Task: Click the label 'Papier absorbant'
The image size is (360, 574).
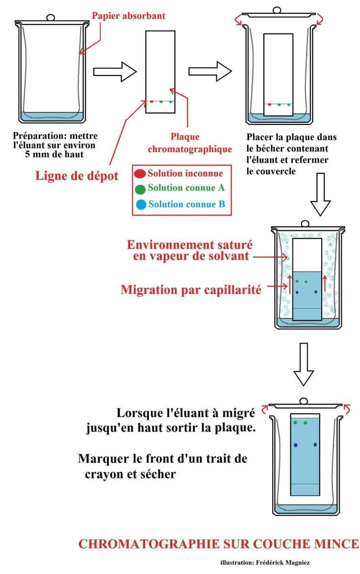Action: pyautogui.click(x=128, y=16)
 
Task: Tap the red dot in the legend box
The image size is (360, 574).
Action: pyautogui.click(x=140, y=173)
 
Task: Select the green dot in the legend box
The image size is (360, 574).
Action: pyautogui.click(x=140, y=188)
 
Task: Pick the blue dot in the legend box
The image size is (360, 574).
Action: pyautogui.click(x=140, y=205)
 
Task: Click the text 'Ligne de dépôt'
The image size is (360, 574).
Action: pyautogui.click(x=77, y=176)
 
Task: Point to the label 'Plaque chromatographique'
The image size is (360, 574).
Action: pyautogui.click(x=190, y=143)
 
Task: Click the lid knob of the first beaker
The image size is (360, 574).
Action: pyautogui.click(x=51, y=18)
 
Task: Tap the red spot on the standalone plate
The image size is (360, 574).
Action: pyautogui.click(x=152, y=101)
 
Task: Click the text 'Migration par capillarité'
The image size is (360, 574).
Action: pyautogui.click(x=191, y=289)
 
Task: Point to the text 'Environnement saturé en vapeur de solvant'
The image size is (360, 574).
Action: pyautogui.click(x=190, y=250)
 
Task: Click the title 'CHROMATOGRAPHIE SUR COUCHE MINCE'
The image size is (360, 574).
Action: pyautogui.click(x=218, y=544)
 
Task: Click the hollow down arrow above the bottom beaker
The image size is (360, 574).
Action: pyautogui.click(x=306, y=364)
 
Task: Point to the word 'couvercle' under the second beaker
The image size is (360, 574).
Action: pyautogui.click(x=270, y=170)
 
